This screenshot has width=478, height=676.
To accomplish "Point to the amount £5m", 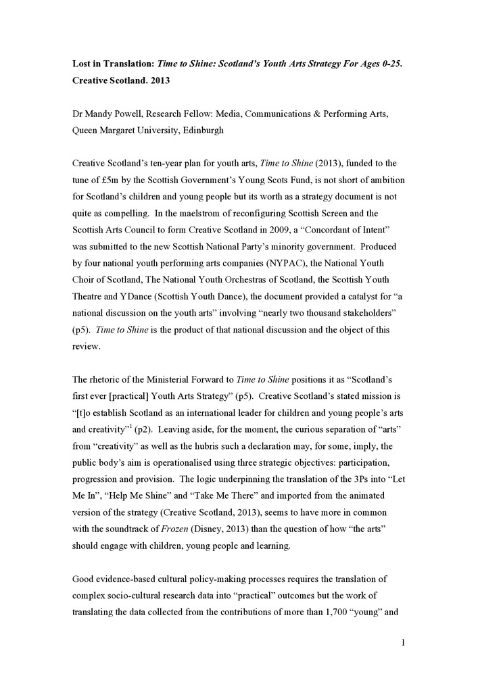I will coord(109,182).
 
